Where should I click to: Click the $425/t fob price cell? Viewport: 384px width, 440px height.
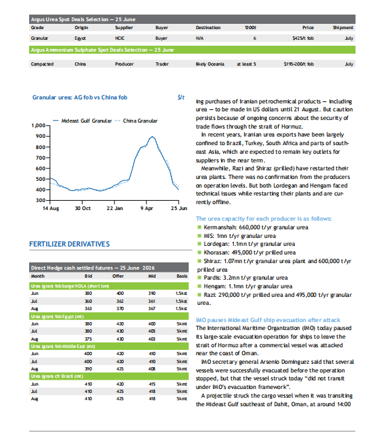[x=303, y=38]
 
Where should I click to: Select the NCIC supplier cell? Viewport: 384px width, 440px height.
[x=120, y=38]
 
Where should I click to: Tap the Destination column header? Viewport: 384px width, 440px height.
[x=208, y=28]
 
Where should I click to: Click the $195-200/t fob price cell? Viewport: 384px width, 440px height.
[x=299, y=64]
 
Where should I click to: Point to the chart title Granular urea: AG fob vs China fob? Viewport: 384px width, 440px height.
[x=80, y=97]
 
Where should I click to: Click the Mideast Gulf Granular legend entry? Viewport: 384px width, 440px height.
[x=82, y=121]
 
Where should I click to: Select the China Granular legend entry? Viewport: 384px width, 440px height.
[x=136, y=121]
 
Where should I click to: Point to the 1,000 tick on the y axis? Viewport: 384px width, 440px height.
[x=38, y=125]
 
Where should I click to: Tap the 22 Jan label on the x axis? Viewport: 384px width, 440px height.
[x=115, y=208]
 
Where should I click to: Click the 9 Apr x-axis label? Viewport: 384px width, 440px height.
[x=146, y=208]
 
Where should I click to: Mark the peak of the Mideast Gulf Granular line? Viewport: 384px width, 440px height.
[x=152, y=137]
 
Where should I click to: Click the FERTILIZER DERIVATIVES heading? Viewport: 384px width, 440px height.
[x=70, y=244]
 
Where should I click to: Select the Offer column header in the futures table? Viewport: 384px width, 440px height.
[x=118, y=276]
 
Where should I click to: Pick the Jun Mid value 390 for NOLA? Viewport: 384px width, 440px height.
[x=152, y=294]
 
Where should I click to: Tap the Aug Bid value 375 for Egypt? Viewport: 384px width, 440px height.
[x=88, y=339]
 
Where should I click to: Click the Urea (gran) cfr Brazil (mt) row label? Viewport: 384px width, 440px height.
[x=57, y=376]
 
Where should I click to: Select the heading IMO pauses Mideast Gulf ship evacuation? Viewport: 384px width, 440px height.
[x=268, y=320]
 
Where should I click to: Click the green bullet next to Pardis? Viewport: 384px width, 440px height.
[x=199, y=278]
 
